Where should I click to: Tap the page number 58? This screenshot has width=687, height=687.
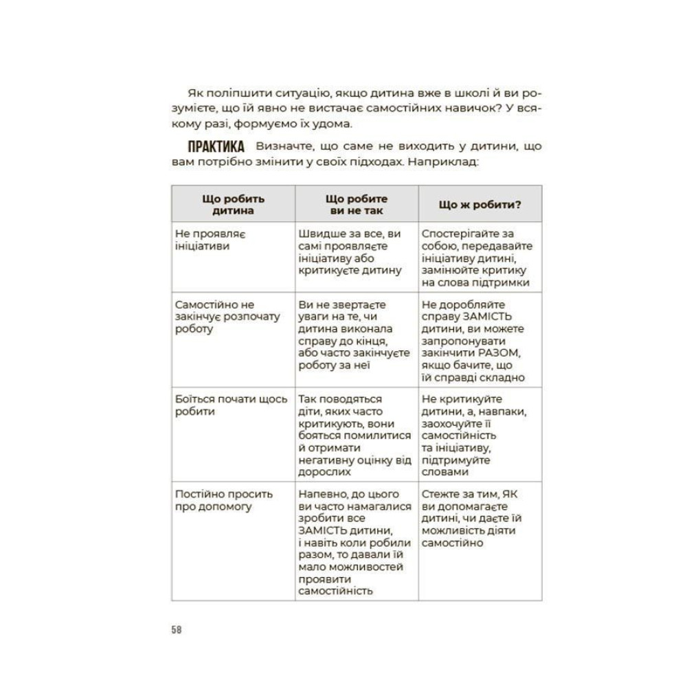pyautogui.click(x=177, y=630)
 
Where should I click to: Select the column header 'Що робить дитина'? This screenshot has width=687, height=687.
pyautogui.click(x=233, y=204)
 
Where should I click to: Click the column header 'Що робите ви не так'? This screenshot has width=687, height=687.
pyautogui.click(x=357, y=204)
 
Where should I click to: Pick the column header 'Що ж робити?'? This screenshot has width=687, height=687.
pyautogui.click(x=480, y=204)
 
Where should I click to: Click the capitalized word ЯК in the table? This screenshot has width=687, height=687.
pyautogui.click(x=508, y=494)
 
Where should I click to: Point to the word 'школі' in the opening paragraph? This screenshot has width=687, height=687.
pyautogui.click(x=409, y=92)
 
